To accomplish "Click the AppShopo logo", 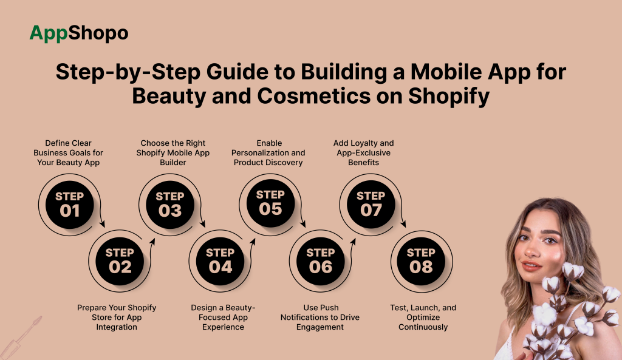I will pos(79,33).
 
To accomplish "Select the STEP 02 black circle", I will pos(120,260).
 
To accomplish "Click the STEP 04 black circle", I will pos(220,260).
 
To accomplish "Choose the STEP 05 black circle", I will pos(270,203).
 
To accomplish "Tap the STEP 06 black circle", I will pos(320,260).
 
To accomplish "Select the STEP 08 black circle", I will pos(420,260).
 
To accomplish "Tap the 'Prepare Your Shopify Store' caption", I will pos(117,317).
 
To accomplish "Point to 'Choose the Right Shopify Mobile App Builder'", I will pos(173,153).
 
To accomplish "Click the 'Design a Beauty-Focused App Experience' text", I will pos(223,317).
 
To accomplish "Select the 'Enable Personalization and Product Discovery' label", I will pos(268,153).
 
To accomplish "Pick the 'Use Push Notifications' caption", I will pos(320,317).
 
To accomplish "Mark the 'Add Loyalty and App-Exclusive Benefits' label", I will pos(364,153).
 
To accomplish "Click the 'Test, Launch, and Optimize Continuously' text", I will pos(423,317).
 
